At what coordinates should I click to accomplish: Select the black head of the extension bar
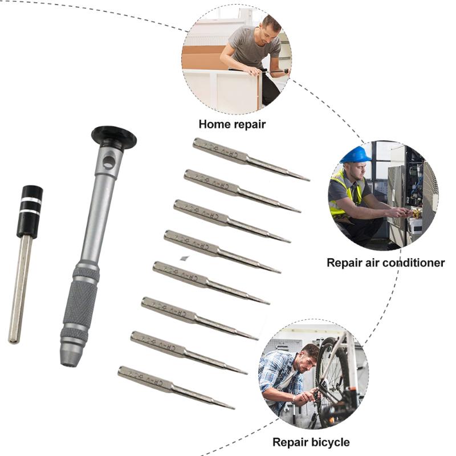pos(29,210)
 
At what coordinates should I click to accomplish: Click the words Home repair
pos(232,124)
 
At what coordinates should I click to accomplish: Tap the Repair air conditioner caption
pos(385,263)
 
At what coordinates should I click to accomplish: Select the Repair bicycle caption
pos(311,442)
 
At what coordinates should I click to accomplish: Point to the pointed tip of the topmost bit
pos(308,180)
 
